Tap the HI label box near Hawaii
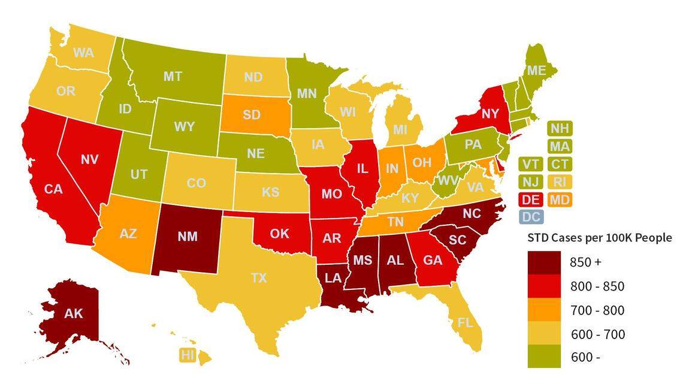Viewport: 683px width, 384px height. click(188, 355)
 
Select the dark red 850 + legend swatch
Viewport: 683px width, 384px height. click(544, 262)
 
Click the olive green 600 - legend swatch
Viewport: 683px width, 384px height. click(544, 356)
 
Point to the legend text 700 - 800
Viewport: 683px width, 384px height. click(597, 310)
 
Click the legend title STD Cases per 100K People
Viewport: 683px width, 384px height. click(599, 238)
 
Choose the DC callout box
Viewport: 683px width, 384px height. click(531, 217)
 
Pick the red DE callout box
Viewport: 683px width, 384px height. click(531, 199)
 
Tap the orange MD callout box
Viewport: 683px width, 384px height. click(560, 199)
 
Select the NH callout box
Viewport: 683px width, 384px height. click(560, 128)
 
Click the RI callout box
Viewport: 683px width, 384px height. click(560, 182)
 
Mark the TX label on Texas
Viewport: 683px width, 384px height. click(259, 277)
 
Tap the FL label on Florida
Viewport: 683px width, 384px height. click(465, 322)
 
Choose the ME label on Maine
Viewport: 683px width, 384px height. click(536, 71)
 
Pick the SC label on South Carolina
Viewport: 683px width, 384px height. click(457, 239)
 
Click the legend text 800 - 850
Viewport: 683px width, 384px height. click(597, 286)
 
